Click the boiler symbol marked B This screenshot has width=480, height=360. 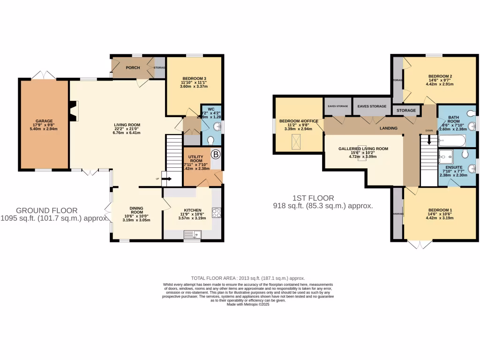pos(216,154)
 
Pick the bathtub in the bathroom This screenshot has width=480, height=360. pos(451,140)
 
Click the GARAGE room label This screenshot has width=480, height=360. pos(45,121)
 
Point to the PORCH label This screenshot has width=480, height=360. pos(133,67)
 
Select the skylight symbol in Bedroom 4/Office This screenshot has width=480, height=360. pos(296,140)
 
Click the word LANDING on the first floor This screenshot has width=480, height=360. pos(388,128)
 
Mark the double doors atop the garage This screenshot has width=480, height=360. pos(44,75)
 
